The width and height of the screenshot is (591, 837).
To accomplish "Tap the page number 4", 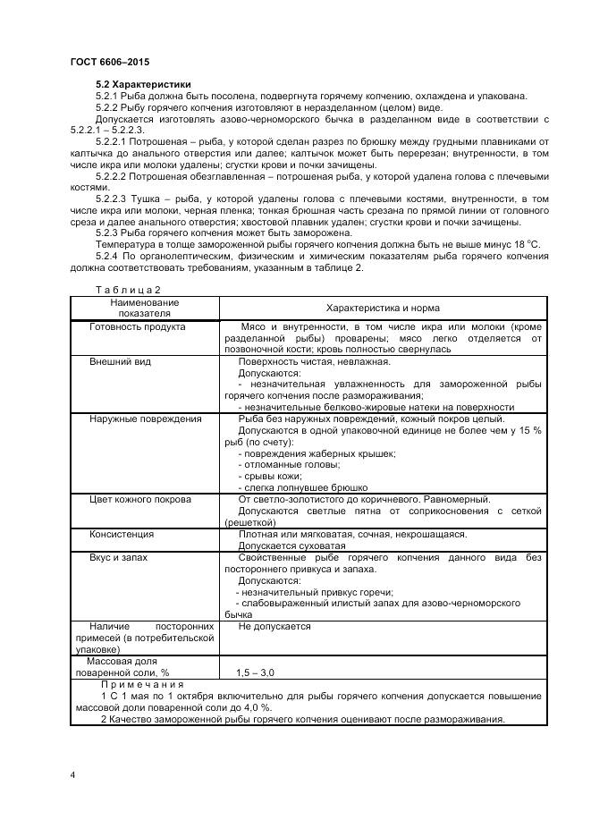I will point(72,774).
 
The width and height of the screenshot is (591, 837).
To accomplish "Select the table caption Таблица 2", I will point(128,289).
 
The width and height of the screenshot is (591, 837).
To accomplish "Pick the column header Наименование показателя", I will point(145,309).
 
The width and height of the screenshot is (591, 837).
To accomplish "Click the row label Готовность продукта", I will point(138,326).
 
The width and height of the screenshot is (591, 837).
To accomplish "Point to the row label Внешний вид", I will point(121,361).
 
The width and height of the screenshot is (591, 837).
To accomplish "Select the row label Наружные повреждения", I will point(145,418).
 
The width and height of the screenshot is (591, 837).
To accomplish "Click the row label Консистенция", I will point(122,533).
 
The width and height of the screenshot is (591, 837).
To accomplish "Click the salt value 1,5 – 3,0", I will point(256,672).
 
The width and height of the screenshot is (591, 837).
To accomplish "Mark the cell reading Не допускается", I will point(274,626).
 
